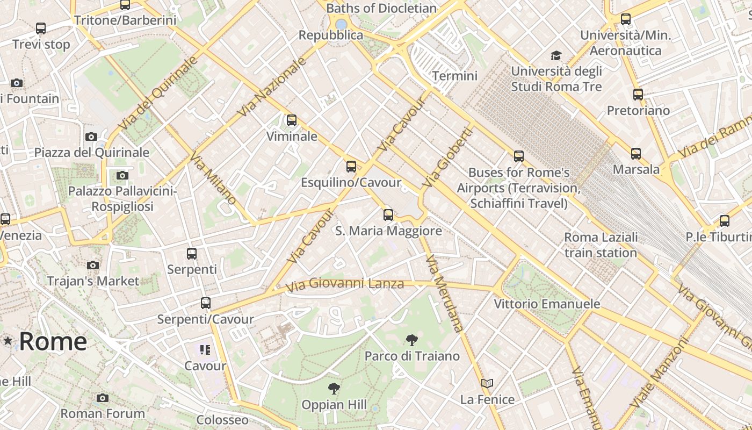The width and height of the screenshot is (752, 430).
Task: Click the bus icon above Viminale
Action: click(x=292, y=120)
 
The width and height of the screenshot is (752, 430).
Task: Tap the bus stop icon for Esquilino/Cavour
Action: click(x=351, y=167)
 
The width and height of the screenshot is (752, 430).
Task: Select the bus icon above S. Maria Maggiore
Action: click(x=388, y=215)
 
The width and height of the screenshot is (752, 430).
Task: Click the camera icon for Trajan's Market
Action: click(x=93, y=265)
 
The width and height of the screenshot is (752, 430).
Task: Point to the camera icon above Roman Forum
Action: click(x=103, y=398)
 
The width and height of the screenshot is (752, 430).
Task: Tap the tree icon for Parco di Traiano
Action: click(x=412, y=340)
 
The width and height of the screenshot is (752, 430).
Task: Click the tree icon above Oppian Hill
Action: click(x=334, y=388)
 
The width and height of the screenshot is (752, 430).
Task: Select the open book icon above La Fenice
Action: click(x=487, y=384)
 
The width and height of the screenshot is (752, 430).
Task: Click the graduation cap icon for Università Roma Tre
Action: click(x=556, y=55)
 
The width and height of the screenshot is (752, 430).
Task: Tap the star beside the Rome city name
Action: click(x=8, y=341)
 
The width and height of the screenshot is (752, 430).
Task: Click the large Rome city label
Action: click(x=53, y=341)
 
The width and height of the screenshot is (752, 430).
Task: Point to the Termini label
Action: click(x=454, y=76)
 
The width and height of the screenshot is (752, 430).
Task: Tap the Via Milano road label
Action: click(x=213, y=178)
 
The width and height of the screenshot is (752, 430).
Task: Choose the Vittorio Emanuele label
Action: click(x=547, y=304)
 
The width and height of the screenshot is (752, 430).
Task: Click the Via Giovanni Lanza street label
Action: click(x=344, y=284)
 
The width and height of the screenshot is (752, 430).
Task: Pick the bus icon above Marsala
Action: click(x=636, y=154)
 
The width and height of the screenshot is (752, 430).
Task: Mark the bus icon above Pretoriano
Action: click(x=638, y=95)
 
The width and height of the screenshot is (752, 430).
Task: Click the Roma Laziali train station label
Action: click(x=601, y=245)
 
